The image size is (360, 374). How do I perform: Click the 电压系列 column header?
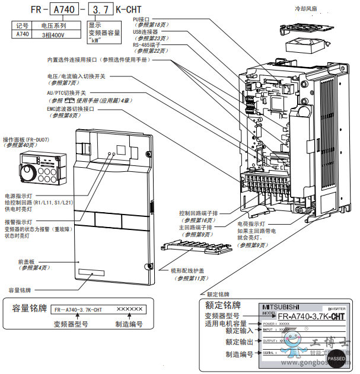[x=53, y=26]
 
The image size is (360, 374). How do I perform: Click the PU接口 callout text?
[x=144, y=19]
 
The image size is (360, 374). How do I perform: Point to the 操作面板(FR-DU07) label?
[x=27, y=139]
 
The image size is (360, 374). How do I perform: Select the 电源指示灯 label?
[x=18, y=196]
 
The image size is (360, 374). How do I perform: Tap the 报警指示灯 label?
[x=18, y=222]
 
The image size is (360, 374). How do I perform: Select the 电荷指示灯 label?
[x=250, y=225]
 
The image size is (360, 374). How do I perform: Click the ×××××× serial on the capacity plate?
[x=129, y=309]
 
